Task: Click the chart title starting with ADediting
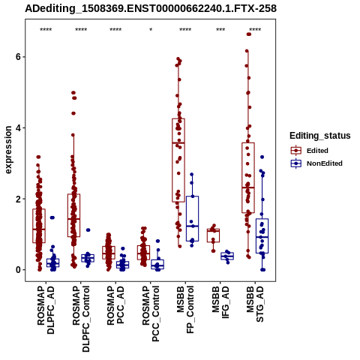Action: pos(151,9)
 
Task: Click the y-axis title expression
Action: pos(8,150)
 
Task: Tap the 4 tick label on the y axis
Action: pos(18,127)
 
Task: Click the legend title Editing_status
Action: pos(320,136)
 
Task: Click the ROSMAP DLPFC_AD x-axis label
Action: pos(46,310)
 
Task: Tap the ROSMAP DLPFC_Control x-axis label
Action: pos(81,319)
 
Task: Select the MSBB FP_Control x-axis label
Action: pos(185,310)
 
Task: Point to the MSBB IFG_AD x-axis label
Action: pos(220,302)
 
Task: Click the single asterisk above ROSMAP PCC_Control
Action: pos(151,30)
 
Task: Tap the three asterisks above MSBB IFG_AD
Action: pos(220,30)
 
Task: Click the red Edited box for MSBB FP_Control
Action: pos(178,160)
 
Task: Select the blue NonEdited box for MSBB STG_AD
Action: pos(262,235)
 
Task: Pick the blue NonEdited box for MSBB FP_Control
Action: pos(192,218)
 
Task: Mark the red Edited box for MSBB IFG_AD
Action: pos(213,235)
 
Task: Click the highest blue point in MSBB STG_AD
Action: pos(262,157)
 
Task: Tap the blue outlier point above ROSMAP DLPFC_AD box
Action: pos(52,217)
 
